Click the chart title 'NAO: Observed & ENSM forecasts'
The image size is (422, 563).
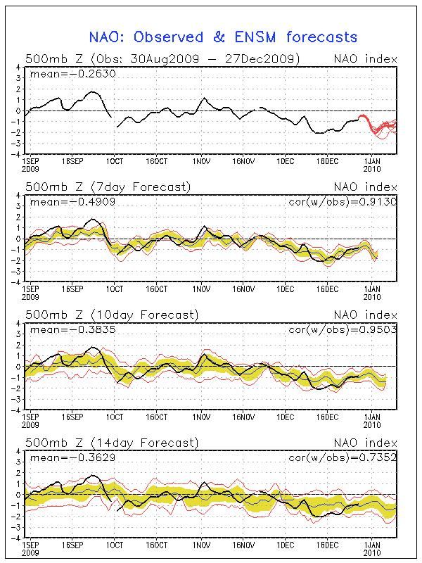tap(223, 37)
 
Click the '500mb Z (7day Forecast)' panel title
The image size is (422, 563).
tap(108, 186)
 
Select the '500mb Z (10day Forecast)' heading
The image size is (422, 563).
tap(111, 315)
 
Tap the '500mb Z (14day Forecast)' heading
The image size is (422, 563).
tap(111, 443)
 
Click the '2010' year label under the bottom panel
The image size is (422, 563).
tap(373, 552)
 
